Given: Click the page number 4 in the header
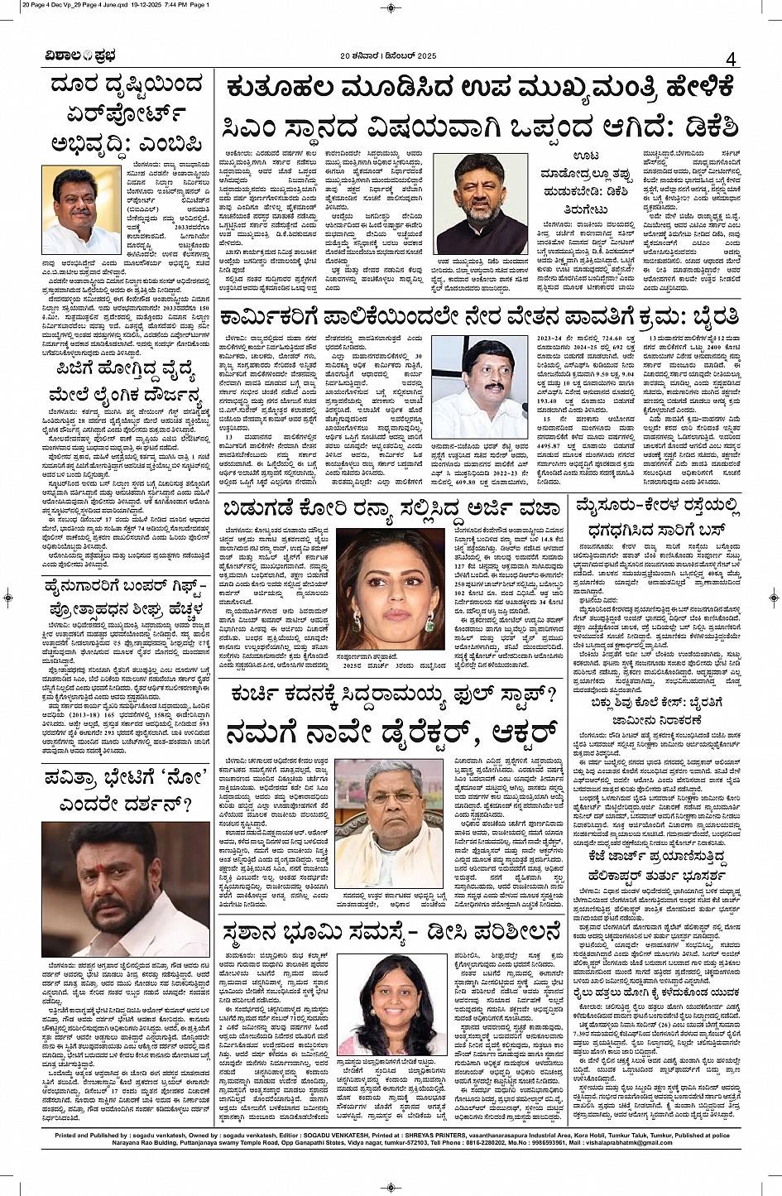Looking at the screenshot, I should (730, 59).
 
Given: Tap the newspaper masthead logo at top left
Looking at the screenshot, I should (81, 56).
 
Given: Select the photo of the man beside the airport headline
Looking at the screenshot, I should (82, 209).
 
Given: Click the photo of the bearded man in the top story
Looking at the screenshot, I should (480, 204).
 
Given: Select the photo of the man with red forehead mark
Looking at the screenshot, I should (126, 888).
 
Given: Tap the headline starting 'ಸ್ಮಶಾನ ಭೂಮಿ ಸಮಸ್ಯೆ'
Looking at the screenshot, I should (391, 934).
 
